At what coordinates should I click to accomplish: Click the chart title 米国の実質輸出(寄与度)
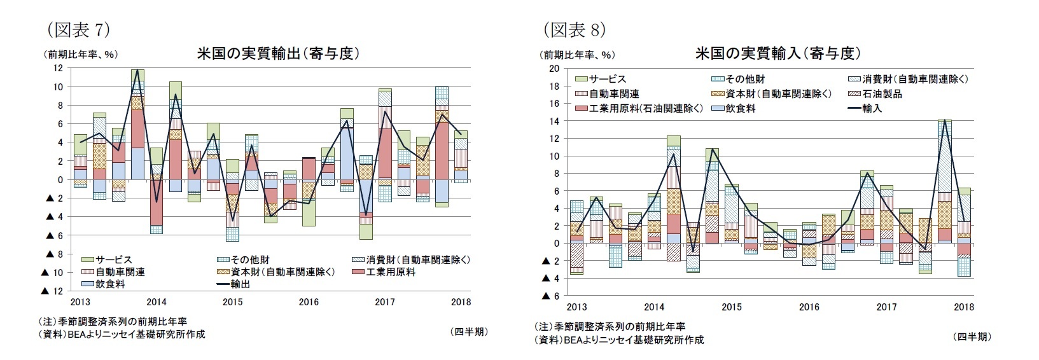coord(279,53)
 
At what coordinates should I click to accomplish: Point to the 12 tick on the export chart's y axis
coord(57,67)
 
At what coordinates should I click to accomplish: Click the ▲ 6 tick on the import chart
coord(550,296)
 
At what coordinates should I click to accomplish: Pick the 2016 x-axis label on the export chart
coord(309,302)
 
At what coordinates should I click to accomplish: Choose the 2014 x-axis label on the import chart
coord(654,307)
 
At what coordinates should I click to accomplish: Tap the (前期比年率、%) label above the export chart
coord(80,55)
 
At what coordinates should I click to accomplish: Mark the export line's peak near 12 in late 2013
coord(137,69)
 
